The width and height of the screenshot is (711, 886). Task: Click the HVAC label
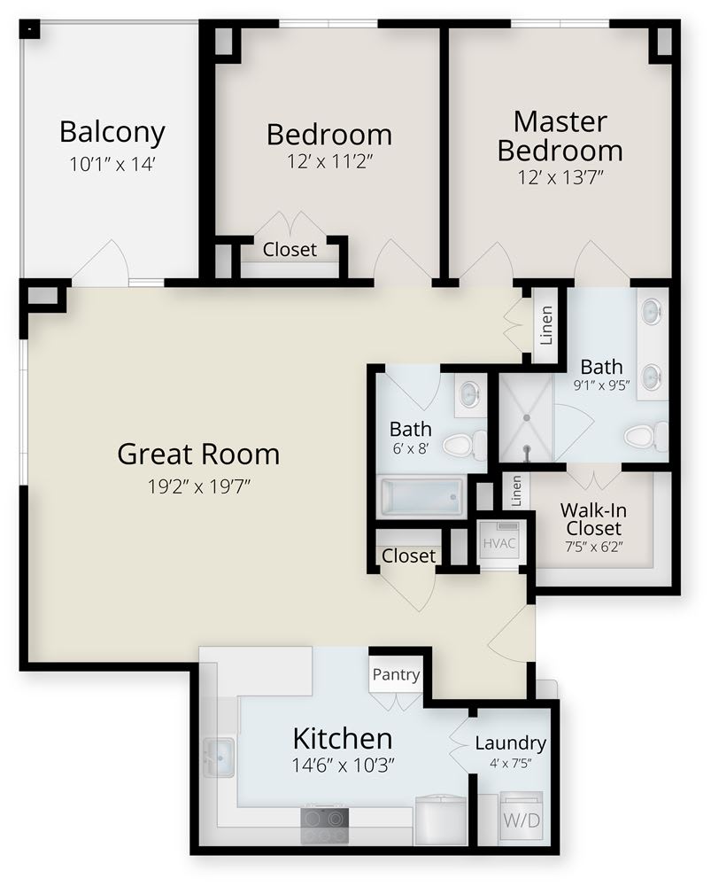(x=499, y=544)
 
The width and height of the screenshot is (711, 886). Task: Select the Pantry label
(x=396, y=674)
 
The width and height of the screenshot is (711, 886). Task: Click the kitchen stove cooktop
(x=324, y=824)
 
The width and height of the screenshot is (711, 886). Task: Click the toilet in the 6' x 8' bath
(x=464, y=445)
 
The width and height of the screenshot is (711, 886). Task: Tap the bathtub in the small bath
(x=421, y=497)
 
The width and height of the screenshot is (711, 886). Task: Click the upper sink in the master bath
(x=653, y=311)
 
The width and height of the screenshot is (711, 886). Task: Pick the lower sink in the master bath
(x=653, y=376)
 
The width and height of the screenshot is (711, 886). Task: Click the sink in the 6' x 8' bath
(x=469, y=394)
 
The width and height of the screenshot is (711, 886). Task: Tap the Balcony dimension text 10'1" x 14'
(x=112, y=164)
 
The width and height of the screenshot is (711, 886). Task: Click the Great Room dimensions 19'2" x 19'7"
(x=199, y=486)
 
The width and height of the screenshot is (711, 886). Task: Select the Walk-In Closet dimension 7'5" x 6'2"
(x=593, y=547)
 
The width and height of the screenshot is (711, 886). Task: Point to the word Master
(x=560, y=122)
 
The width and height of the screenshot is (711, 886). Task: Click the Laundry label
(x=511, y=743)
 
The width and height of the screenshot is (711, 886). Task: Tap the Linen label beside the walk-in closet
(x=515, y=491)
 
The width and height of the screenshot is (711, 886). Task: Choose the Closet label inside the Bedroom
(x=290, y=249)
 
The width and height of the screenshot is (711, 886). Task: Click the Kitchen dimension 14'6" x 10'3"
(x=343, y=766)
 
